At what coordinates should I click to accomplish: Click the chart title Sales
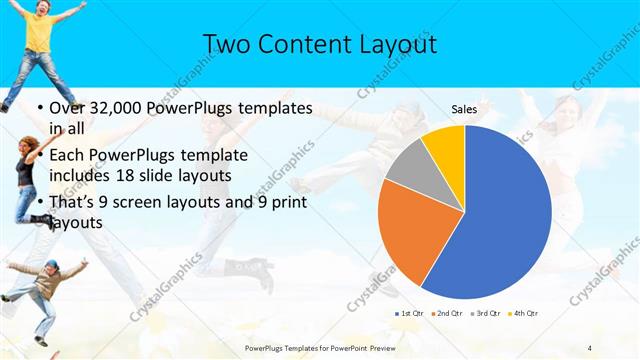coord(464,108)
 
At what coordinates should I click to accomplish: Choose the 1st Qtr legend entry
coord(410,314)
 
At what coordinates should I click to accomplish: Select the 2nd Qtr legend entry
coord(445,314)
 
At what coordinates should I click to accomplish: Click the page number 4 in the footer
coord(589,347)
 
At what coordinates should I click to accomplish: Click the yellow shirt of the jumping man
coord(41,31)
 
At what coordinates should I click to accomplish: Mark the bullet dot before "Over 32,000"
coord(38,107)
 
